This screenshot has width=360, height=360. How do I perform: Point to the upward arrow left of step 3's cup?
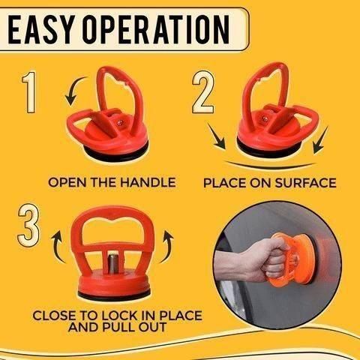(55, 251)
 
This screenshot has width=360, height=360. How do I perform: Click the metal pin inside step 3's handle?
(111, 262)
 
